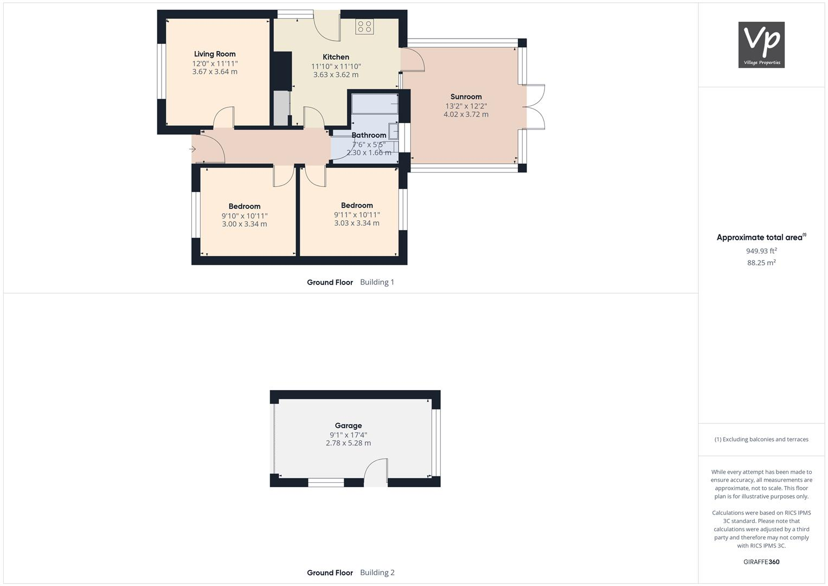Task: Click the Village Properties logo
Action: [761, 45]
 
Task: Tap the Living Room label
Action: [215, 54]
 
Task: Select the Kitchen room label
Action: [336, 57]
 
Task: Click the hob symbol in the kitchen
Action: [364, 27]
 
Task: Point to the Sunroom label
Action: [466, 97]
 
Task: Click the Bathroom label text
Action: [369, 135]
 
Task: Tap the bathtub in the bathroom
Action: [375, 104]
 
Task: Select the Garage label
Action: [348, 425]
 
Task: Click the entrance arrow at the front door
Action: [193, 149]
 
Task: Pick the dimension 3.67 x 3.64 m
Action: [215, 72]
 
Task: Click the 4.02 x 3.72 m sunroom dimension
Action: [466, 114]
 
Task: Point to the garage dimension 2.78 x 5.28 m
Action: [348, 443]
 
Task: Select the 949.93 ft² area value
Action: [761, 251]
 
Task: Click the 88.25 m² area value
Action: [761, 263]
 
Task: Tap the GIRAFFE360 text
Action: [761, 562]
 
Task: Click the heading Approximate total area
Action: [759, 237]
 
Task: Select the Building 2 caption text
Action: [377, 572]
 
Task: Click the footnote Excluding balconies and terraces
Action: [761, 439]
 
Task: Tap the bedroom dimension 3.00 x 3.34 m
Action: [245, 224]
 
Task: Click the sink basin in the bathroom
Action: [393, 131]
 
